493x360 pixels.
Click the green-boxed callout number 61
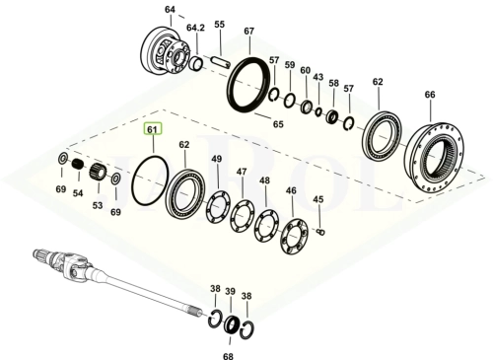click(x=152, y=129)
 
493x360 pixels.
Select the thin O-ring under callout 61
click(x=132, y=184)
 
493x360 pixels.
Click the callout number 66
click(x=430, y=95)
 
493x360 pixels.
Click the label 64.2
click(x=195, y=28)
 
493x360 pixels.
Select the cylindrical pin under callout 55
click(x=221, y=63)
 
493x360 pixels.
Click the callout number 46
click(x=291, y=190)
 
